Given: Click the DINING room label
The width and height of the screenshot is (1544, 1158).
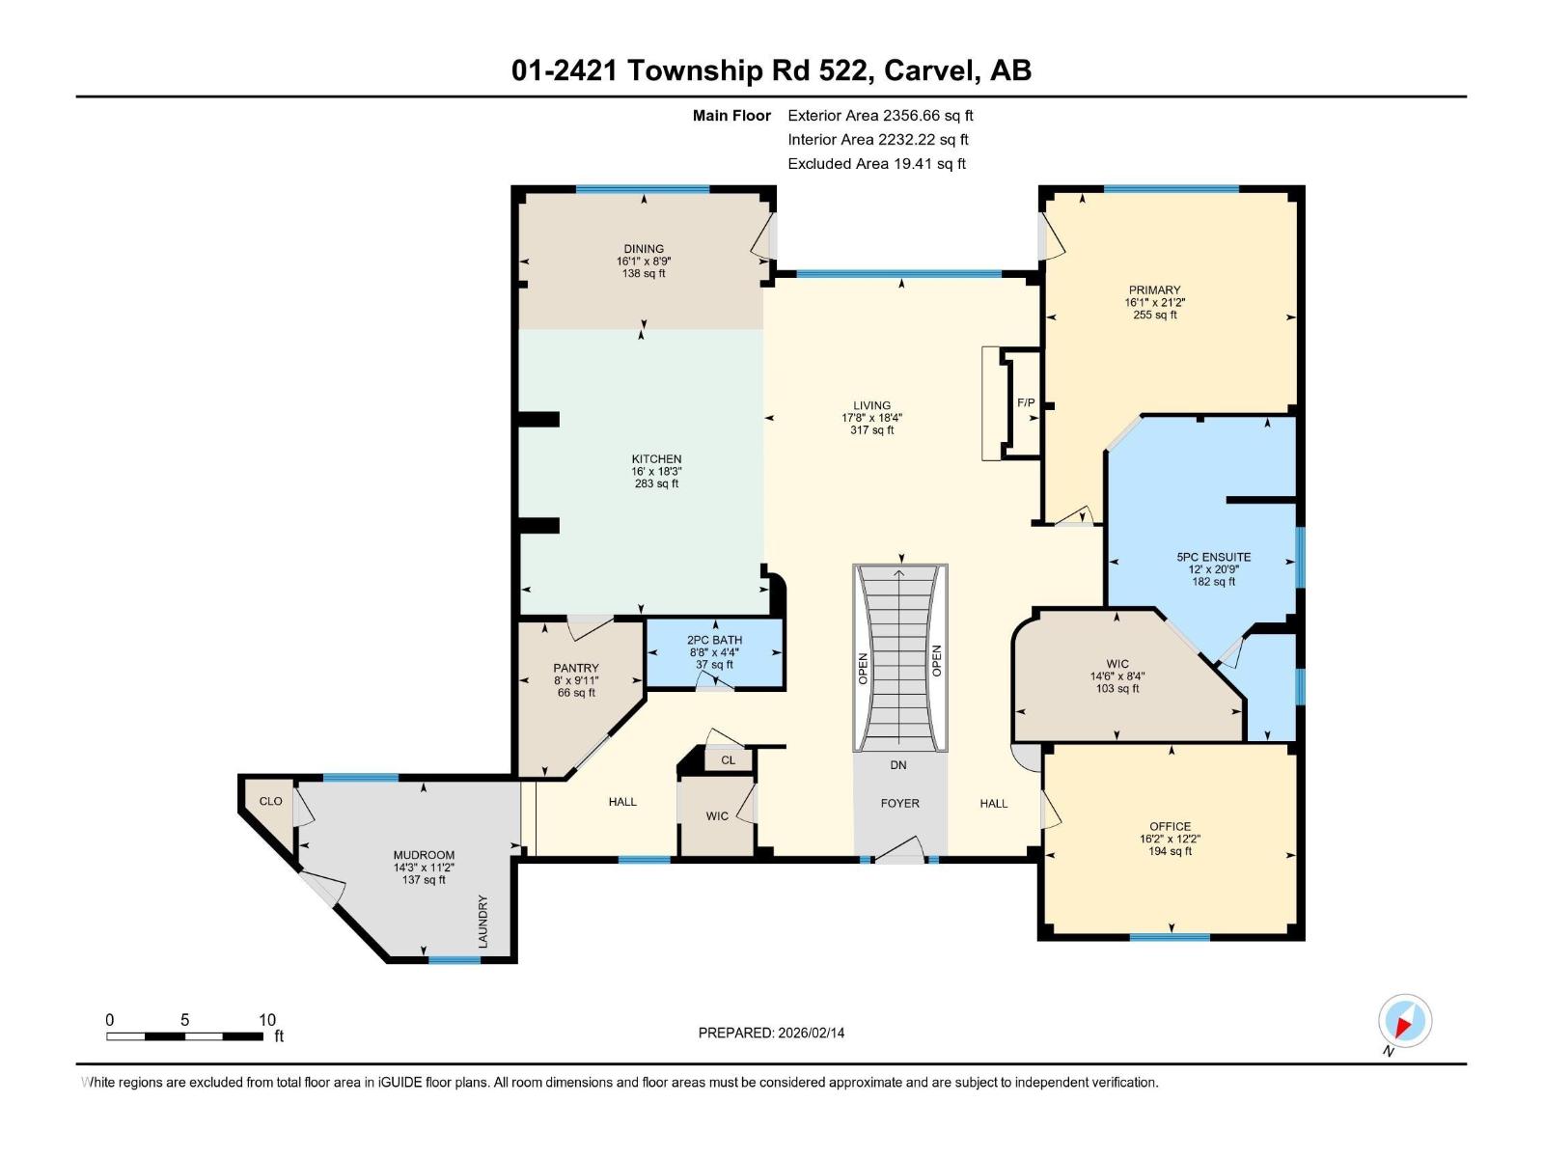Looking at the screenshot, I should coord(643,249).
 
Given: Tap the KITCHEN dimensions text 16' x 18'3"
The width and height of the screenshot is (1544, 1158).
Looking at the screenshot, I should coord(656,472).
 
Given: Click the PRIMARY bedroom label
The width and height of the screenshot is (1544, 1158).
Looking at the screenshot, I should coord(1154,289).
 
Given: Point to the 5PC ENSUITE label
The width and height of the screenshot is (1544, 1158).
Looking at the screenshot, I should coord(1213,557).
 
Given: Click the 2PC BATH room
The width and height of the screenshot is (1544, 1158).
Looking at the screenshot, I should coord(714,652).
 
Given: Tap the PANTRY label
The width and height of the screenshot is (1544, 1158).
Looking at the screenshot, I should coord(576,668).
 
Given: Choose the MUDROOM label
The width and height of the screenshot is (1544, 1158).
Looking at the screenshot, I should coord(424,855).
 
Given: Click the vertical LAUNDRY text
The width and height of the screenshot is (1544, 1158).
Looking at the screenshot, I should coord(483,921).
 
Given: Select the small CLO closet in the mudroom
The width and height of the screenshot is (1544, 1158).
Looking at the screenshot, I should coord(270,801).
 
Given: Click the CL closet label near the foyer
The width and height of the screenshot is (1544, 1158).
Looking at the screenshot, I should coord(729,760).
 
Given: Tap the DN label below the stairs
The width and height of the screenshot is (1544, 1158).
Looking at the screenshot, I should coord(898,765).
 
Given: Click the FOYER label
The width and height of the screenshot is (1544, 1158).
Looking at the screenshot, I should coord(899,803).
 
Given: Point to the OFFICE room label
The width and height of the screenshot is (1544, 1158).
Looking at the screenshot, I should coord(1170,826).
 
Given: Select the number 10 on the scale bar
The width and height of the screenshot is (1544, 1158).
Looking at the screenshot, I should coord(267,1020).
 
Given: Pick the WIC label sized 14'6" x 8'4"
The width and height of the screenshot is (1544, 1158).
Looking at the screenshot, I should coord(1117,664).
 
